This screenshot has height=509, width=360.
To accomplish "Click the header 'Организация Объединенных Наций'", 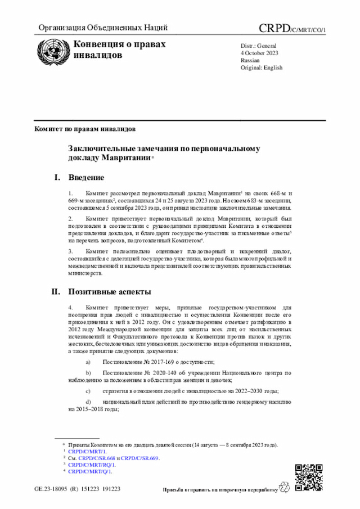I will point(103,28).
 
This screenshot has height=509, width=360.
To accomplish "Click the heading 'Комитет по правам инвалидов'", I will point(85,129).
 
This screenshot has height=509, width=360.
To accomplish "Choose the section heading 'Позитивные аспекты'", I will point(110,292).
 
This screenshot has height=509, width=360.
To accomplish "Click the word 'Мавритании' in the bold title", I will point(124,159).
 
